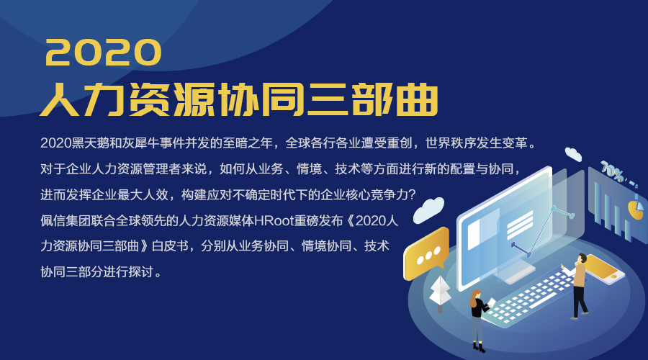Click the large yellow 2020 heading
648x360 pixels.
coord(103,53)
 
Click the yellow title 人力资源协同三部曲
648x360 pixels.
coord(239,99)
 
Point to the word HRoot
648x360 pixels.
coord(274,221)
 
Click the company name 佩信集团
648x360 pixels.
coord(66,221)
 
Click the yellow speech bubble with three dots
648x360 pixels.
coord(426,253)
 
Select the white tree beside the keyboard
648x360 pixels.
coord(440,293)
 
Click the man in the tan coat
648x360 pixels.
coord(579,286)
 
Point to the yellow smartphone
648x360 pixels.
coord(604,269)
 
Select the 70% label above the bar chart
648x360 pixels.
coord(612,171)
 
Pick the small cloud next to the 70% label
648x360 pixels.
coord(573,154)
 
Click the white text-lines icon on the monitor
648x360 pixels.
coord(519,225)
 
